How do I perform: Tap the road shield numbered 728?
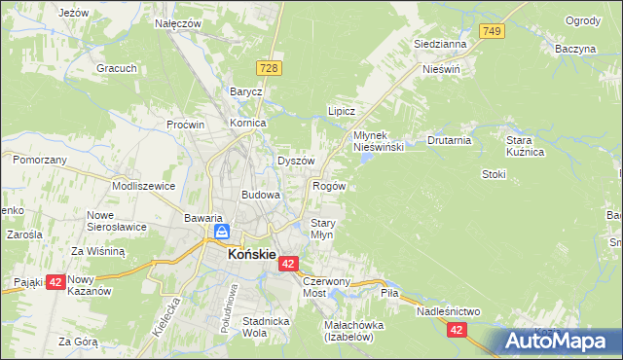(x=271, y=66)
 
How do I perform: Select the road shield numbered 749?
(x=493, y=32)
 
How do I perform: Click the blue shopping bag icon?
(x=222, y=233)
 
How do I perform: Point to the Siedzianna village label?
(x=440, y=44)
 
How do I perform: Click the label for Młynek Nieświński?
(x=378, y=140)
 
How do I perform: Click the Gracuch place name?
(x=115, y=69)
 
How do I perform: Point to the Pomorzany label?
(x=40, y=159)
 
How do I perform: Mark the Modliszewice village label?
(x=143, y=185)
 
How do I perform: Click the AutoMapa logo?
(x=558, y=342)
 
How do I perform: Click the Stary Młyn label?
(x=322, y=229)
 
